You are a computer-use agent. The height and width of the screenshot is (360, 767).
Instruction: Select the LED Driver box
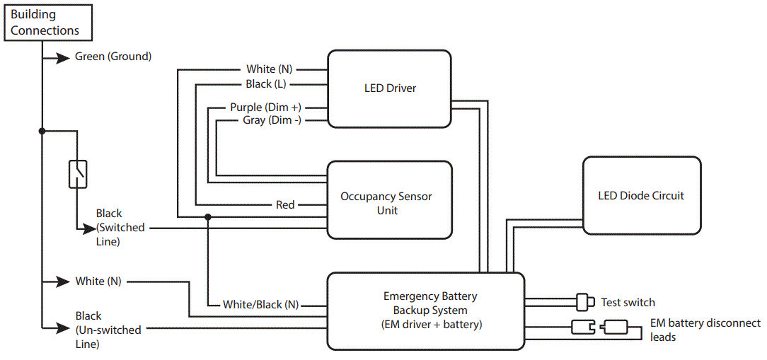(389, 88)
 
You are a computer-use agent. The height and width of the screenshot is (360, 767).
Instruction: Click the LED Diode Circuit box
(641, 195)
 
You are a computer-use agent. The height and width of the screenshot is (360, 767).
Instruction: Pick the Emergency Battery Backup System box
(425, 311)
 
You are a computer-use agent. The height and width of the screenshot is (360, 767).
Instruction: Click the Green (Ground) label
(113, 57)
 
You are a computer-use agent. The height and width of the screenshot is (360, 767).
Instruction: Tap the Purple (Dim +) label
(265, 108)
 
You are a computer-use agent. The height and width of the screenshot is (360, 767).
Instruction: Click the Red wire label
(285, 205)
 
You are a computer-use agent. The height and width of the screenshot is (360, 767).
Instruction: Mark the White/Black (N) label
(260, 305)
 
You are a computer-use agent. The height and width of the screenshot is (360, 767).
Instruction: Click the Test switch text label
(628, 303)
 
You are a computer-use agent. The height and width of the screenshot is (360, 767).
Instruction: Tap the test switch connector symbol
(584, 302)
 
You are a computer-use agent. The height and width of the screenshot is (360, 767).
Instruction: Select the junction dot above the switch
(42, 131)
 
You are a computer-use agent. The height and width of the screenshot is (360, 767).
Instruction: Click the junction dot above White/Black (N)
(208, 217)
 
